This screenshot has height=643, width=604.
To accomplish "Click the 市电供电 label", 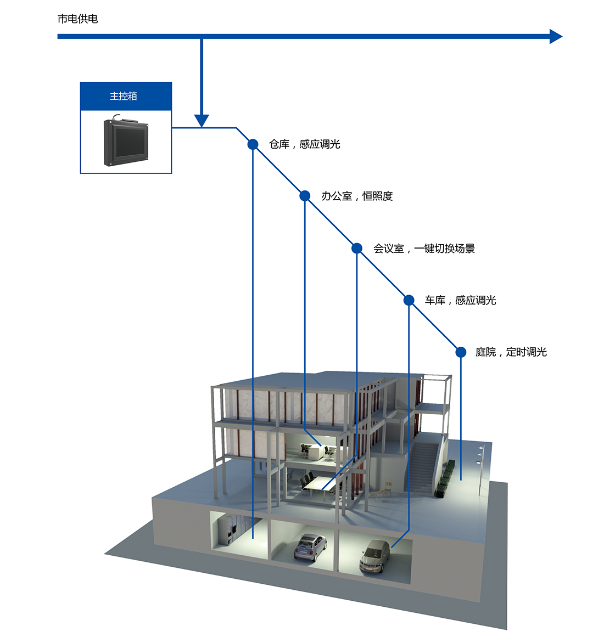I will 77,19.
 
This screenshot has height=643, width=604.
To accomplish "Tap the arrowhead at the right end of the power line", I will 556,36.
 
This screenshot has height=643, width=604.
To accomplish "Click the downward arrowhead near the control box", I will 202,120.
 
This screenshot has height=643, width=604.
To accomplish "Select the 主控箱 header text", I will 124,96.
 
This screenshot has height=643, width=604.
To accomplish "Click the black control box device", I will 127,141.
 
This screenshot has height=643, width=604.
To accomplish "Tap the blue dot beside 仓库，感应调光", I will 253,144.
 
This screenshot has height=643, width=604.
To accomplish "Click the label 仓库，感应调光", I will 304,144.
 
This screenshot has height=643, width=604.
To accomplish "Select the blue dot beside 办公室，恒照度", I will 305,196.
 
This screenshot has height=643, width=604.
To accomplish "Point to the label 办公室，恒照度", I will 357,196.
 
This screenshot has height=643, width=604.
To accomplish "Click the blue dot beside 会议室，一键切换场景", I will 357,248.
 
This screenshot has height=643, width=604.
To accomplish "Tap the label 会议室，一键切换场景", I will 424,249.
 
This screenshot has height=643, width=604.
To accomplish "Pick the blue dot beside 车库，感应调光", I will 409,300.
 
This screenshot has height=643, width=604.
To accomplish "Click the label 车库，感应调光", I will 460,300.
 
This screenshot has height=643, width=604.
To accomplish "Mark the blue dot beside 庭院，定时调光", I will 461,352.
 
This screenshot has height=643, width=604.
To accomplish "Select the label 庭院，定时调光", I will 511,352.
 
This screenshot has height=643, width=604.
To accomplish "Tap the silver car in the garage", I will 375,555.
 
